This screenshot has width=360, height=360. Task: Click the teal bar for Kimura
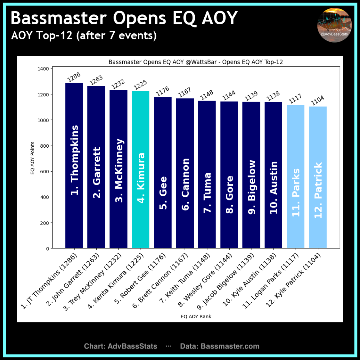point(141,170)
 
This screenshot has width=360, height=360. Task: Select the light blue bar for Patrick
point(318,177)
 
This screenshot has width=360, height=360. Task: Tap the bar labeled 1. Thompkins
point(74,166)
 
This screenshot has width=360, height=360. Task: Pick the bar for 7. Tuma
point(207,174)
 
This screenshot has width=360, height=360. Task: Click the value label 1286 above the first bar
point(74,77)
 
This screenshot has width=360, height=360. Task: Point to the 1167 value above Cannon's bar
point(185,92)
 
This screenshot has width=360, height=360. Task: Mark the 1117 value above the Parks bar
point(295,99)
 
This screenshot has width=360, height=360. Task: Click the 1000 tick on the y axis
point(43,120)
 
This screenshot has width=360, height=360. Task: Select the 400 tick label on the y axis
point(45,197)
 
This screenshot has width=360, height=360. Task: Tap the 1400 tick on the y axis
point(43,69)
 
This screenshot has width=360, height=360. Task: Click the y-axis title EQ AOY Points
point(32,158)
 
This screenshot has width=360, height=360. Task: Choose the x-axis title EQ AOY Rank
point(196,316)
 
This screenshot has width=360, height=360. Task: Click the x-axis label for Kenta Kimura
point(116,281)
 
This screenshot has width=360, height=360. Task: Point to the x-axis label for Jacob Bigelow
point(226,281)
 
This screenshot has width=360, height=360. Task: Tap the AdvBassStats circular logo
point(334,25)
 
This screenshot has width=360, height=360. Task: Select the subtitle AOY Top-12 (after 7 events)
point(84,36)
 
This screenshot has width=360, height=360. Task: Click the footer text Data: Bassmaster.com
point(220,346)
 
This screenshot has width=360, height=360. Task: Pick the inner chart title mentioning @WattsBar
point(195,62)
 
